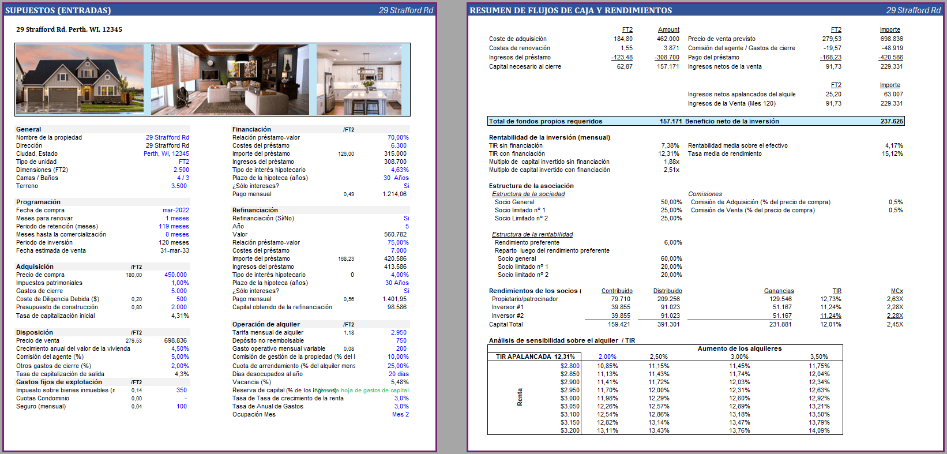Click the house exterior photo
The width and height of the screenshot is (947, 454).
click(x=80, y=79)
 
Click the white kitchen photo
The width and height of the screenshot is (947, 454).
click(x=359, y=79)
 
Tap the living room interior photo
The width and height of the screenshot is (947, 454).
click(x=230, y=79)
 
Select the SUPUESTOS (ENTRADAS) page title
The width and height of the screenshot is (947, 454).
click(x=58, y=10)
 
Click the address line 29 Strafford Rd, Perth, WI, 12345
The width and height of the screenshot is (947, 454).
click(x=69, y=29)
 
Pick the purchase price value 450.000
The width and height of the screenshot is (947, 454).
click(x=175, y=275)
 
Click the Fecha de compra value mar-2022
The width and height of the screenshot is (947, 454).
click(x=175, y=211)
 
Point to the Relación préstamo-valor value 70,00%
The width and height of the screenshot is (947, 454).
click(x=397, y=138)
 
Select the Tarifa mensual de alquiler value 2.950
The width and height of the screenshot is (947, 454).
click(x=399, y=333)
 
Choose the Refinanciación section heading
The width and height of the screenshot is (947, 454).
click(x=255, y=211)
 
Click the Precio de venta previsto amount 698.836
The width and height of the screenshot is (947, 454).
click(x=891, y=39)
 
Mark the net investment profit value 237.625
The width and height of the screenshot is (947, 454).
click(x=891, y=122)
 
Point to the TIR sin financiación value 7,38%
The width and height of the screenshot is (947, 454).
click(x=670, y=146)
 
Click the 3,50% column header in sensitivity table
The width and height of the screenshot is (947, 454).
click(x=818, y=357)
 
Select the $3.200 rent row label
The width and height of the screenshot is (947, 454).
click(x=570, y=431)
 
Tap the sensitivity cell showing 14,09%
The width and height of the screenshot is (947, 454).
click(x=819, y=431)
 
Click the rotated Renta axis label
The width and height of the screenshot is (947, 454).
click(x=520, y=397)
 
